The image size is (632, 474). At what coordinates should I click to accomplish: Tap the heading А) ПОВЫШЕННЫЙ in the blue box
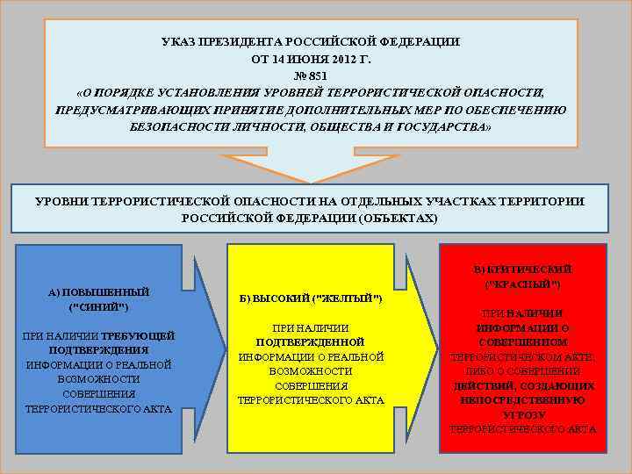point(98,291)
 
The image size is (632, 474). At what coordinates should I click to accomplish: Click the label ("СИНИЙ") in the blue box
point(98,306)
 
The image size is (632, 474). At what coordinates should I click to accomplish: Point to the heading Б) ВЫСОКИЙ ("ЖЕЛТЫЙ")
point(311,299)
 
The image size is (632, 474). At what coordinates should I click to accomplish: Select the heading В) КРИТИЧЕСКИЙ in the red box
point(522,269)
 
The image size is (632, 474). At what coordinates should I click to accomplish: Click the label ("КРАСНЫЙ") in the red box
point(523,284)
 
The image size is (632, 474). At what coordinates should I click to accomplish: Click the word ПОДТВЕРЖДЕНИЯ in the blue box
point(98,349)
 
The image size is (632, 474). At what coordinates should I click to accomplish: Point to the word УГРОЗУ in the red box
point(524,414)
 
